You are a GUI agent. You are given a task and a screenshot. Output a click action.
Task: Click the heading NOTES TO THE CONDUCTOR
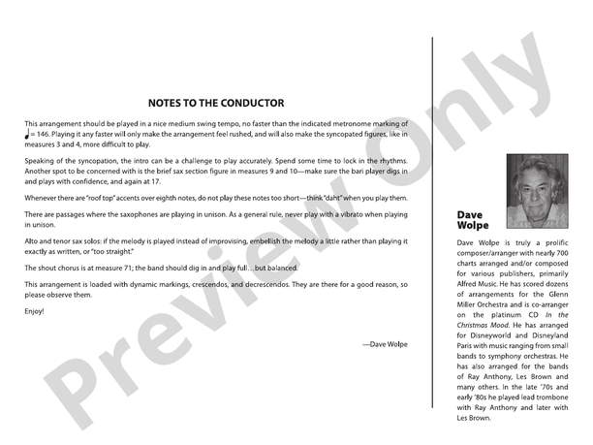click(216, 103)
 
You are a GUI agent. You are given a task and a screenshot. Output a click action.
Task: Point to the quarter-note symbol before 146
click(28, 135)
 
